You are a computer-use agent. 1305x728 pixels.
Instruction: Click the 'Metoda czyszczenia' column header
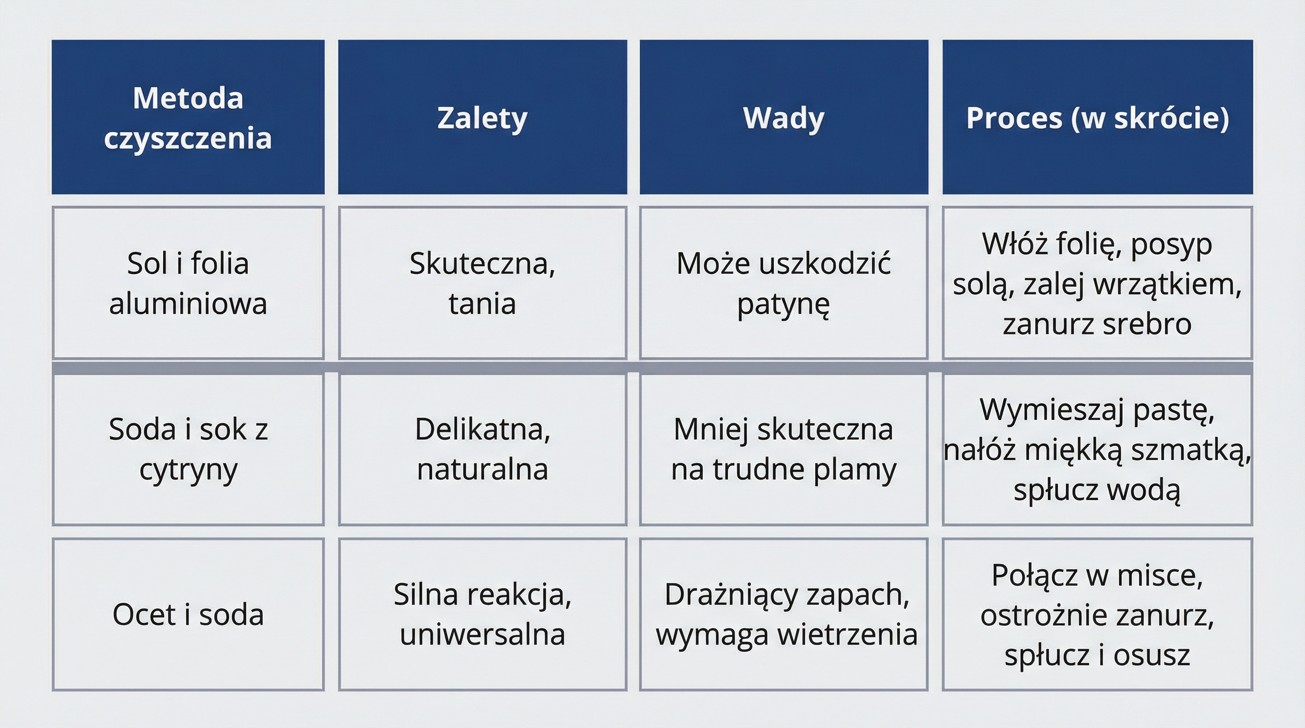(x=188, y=118)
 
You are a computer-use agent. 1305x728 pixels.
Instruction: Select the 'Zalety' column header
(x=482, y=118)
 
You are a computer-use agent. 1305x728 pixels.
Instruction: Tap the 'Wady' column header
(x=784, y=118)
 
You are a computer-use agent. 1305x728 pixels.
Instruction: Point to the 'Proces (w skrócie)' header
(x=1097, y=118)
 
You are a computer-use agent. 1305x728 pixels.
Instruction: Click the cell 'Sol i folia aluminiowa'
(x=188, y=283)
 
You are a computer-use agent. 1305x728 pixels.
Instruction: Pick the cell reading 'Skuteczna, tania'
(x=482, y=283)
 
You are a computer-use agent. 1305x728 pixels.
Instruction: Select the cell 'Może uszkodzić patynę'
(x=784, y=283)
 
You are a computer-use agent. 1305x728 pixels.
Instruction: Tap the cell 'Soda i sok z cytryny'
(x=188, y=449)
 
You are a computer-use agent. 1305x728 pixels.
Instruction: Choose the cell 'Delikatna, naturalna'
(x=482, y=449)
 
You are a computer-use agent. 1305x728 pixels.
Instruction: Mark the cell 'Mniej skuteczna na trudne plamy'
(x=784, y=449)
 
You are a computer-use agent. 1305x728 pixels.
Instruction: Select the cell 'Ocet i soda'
(x=188, y=615)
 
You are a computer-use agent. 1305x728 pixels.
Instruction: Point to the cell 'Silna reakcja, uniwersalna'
(x=482, y=615)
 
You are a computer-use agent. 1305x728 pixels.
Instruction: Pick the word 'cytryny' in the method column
(x=188, y=470)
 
